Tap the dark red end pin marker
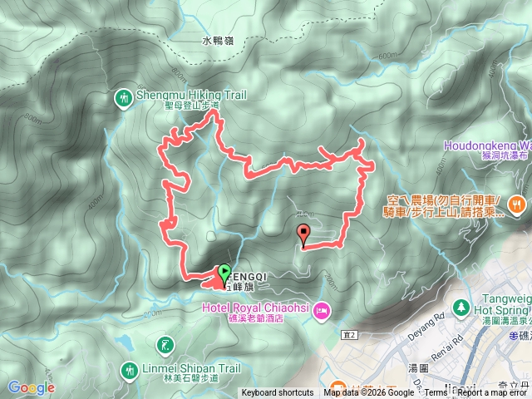(303, 234)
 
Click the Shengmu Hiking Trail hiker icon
(124, 98)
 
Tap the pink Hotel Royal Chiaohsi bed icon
(321, 313)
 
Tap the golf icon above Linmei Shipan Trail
(166, 345)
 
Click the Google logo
(31, 387)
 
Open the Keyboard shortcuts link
(278, 393)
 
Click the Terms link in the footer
(436, 393)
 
